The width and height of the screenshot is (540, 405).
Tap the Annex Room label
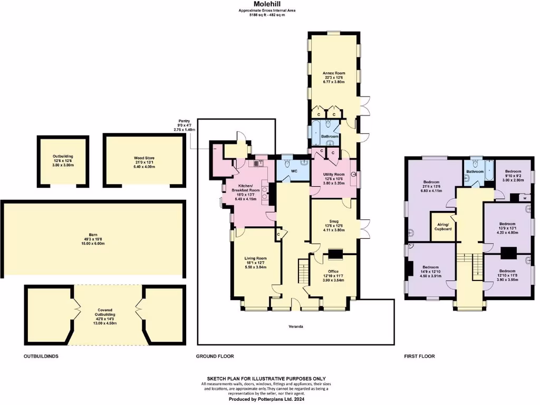coord(333,73)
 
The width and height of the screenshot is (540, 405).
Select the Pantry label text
coord(184,121)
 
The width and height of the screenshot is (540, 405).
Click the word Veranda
coord(295,327)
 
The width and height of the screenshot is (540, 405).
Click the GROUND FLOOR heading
coord(215,356)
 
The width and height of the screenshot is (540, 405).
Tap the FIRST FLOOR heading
coord(420,356)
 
